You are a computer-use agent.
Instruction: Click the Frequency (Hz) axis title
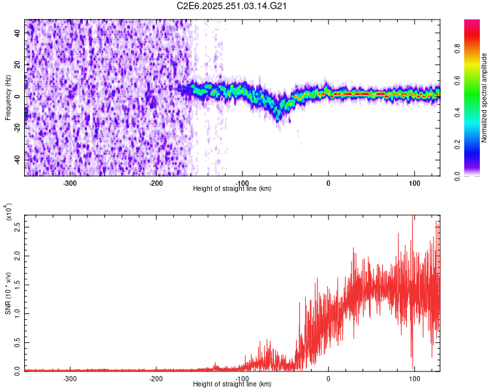pyautogui.click(x=8, y=98)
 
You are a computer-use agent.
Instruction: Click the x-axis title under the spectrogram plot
pyautogui.click(x=233, y=189)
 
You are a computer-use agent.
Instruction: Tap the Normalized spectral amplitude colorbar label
pyautogui.click(x=484, y=98)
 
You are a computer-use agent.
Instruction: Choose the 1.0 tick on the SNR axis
pyautogui.click(x=18, y=313)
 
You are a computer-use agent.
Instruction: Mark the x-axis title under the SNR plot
pyautogui.click(x=233, y=385)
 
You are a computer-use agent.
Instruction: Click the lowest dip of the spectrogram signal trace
pyautogui.click(x=278, y=118)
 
